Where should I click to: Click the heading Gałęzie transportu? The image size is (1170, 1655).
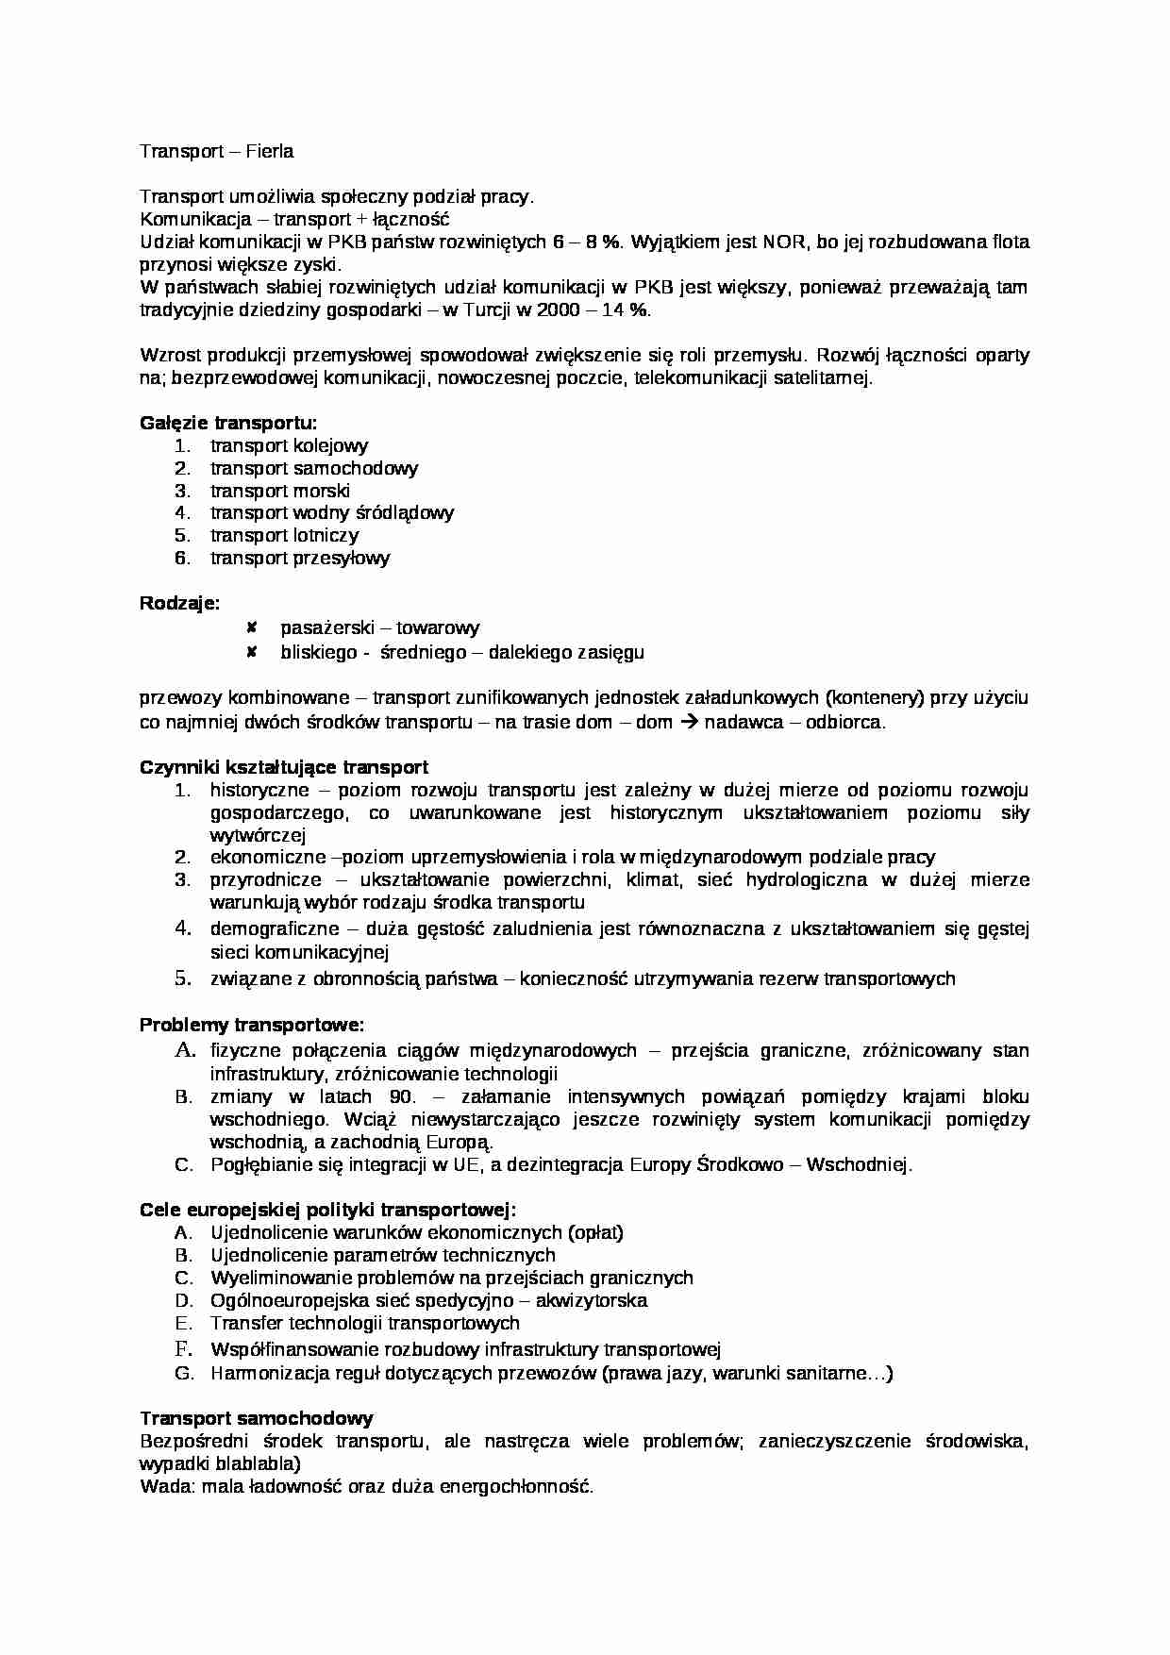pos(228,423)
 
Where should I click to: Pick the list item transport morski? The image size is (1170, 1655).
pos(279,491)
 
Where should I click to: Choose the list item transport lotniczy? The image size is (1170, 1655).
pos(284,535)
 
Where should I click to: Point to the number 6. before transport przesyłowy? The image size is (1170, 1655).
pos(182,558)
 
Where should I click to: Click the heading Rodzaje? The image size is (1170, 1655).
pos(179,603)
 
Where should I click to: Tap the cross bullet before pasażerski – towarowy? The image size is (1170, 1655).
pos(252,627)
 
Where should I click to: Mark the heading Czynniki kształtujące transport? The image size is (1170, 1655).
pos(284,767)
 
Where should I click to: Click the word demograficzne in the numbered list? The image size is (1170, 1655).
pos(272,928)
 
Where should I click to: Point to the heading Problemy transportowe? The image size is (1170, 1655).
pos(252,1025)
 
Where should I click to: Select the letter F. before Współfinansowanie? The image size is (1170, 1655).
pos(183,1348)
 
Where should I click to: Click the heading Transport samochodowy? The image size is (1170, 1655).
pos(257,1418)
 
